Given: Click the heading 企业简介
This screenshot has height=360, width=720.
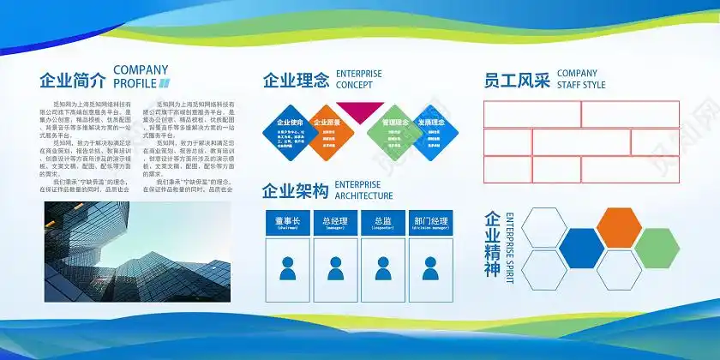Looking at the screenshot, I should (73, 81).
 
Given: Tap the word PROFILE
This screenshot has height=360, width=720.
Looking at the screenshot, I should (135, 83).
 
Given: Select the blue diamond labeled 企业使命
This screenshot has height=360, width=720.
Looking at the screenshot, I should (290, 132).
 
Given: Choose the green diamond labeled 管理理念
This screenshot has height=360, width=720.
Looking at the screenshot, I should (395, 132).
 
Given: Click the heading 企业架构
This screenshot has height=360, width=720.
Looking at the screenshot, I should (296, 191).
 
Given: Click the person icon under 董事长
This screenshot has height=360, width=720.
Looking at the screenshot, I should (287, 268).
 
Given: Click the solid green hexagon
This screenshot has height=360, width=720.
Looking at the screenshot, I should (657, 248).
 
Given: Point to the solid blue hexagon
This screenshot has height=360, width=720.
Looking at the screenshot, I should (581, 249).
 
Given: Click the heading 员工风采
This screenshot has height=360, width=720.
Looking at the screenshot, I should (517, 81).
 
